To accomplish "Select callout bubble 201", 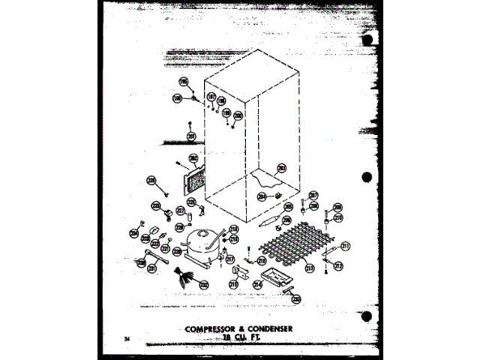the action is [192, 136].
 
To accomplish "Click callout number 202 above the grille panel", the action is [193, 159].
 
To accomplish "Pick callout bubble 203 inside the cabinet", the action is [282, 168].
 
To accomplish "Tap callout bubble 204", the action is [262, 196].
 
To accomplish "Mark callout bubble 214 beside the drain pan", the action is [256, 285].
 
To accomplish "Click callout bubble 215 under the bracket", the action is [234, 285].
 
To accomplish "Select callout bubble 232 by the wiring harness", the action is [204, 285].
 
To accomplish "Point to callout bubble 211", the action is [346, 246].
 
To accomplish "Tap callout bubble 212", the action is [338, 265].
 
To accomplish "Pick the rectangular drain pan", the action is [274, 279].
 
